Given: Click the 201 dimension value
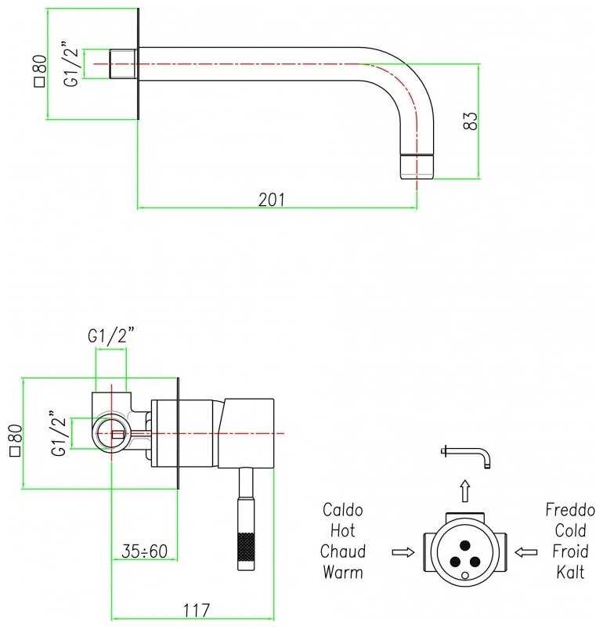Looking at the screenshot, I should pos(272,200).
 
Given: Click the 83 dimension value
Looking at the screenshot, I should pos(470,121).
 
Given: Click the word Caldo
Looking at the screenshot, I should pos(343,511).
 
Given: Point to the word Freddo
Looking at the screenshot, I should pos(569,511).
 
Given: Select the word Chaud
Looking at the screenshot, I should pos(343,551).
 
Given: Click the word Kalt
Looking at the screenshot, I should pos(569,572).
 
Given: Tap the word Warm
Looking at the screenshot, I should pos(343,572).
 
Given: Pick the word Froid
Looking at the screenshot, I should pos(569,551).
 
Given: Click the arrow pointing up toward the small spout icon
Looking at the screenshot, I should pos(464,491).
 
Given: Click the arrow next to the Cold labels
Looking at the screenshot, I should pos(526,552).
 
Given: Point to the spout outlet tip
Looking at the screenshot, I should pos(416,166).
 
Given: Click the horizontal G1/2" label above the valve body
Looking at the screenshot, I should pos(110,338).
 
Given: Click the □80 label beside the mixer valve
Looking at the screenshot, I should pos(13,439).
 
